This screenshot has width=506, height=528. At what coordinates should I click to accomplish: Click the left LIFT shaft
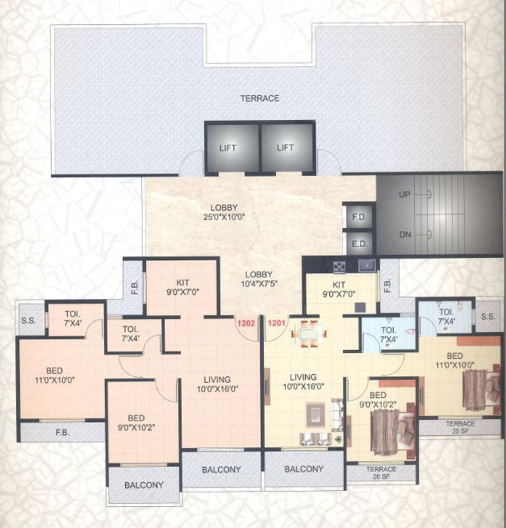click(232, 148)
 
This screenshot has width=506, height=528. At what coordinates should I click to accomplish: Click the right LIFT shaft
click(286, 148)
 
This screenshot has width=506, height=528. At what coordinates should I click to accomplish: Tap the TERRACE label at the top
click(259, 98)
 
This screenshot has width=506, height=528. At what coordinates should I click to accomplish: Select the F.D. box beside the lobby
click(358, 218)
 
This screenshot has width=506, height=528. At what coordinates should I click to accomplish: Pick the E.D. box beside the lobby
click(358, 243)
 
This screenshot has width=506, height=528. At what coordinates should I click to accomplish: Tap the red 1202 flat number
click(245, 322)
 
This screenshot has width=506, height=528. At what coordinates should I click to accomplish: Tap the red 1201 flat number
click(276, 322)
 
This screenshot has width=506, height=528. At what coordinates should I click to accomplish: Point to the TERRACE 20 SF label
click(382, 473)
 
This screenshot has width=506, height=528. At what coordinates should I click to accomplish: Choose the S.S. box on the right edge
click(487, 316)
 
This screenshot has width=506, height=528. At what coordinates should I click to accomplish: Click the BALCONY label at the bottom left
click(144, 485)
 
